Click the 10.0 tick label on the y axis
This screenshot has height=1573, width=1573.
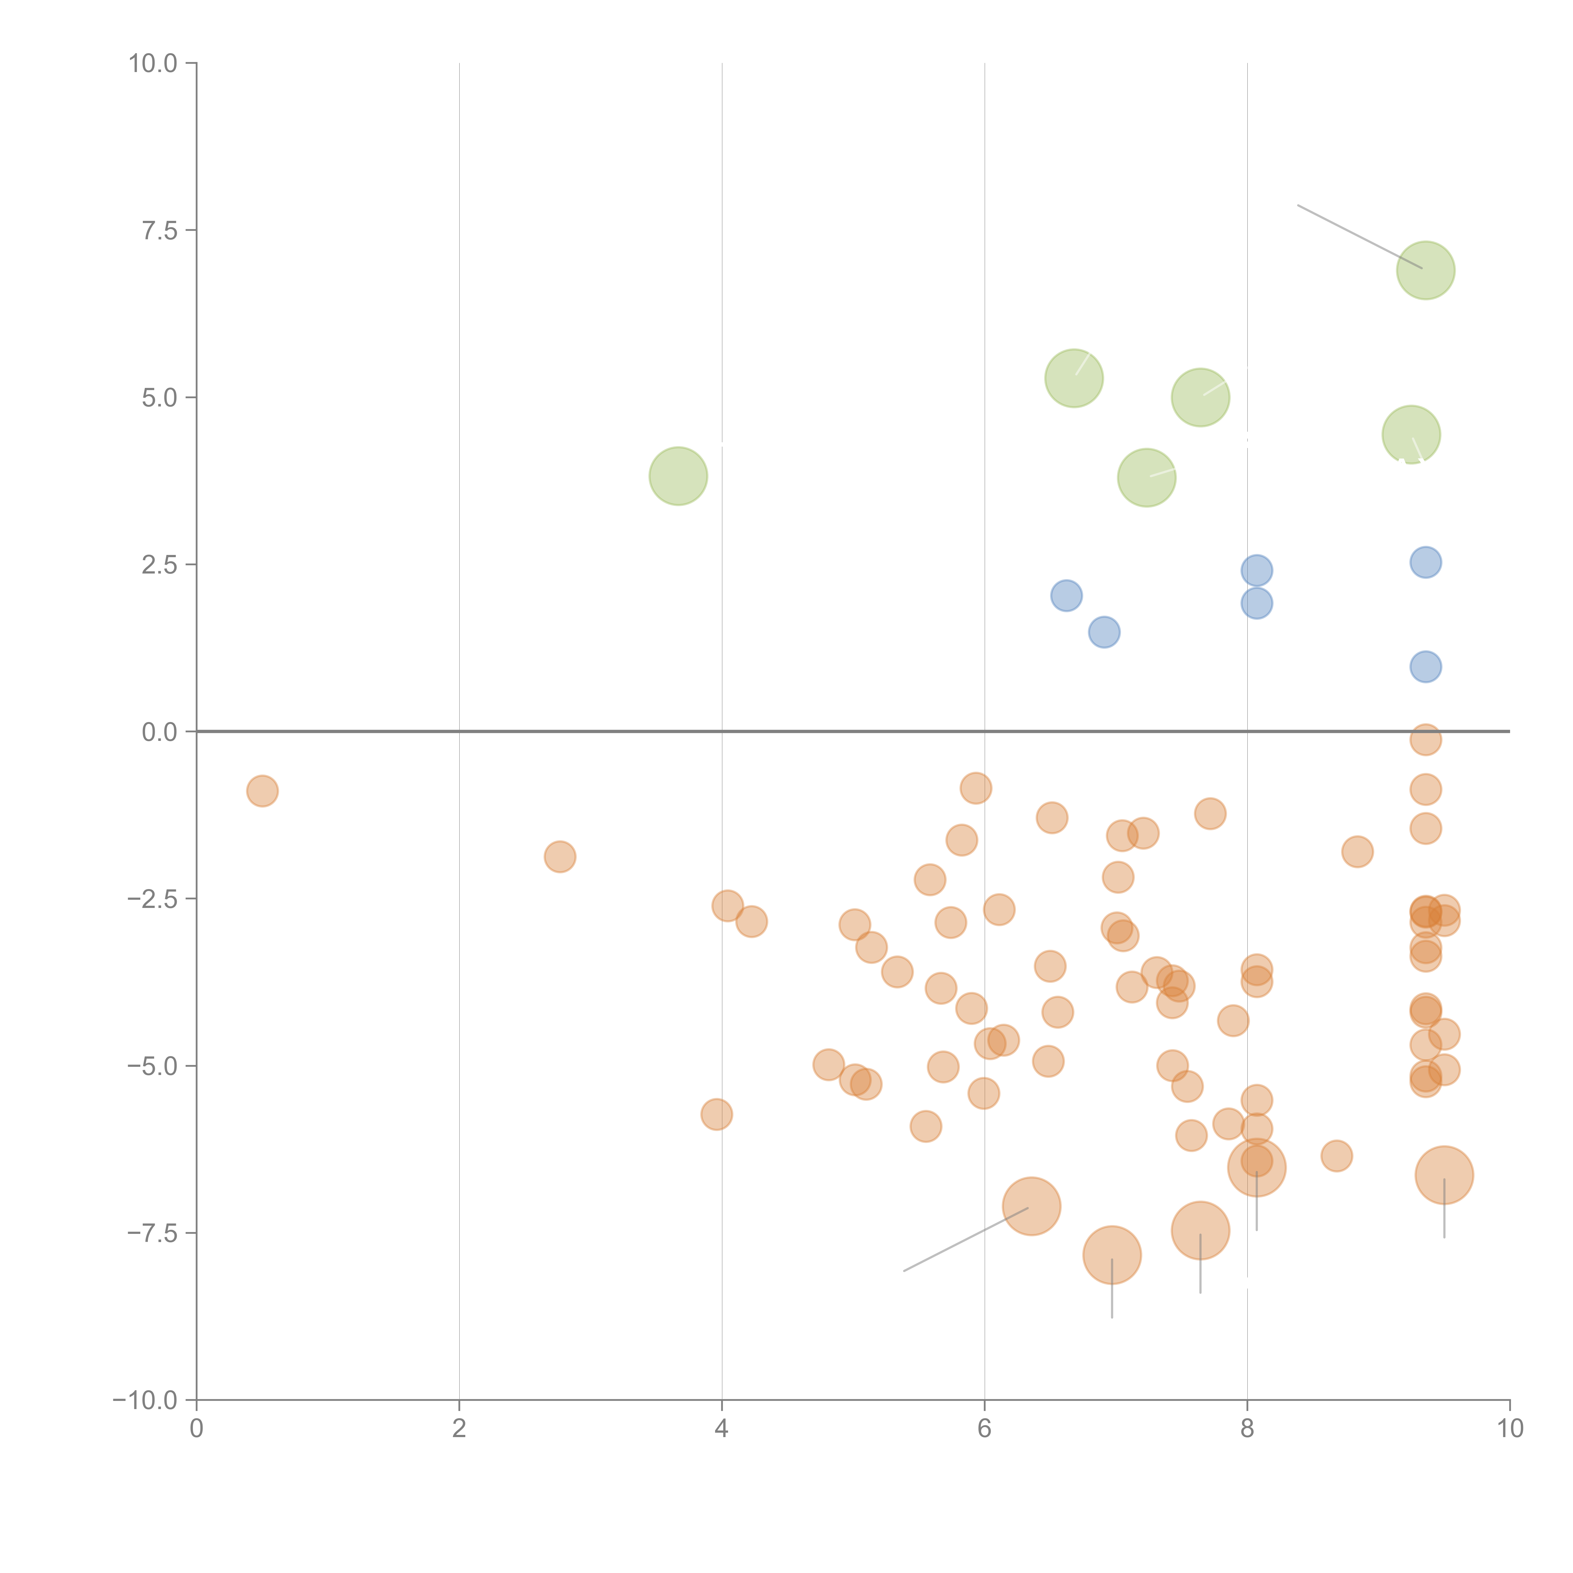click(153, 64)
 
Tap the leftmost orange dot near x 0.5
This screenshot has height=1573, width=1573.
click(262, 791)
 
